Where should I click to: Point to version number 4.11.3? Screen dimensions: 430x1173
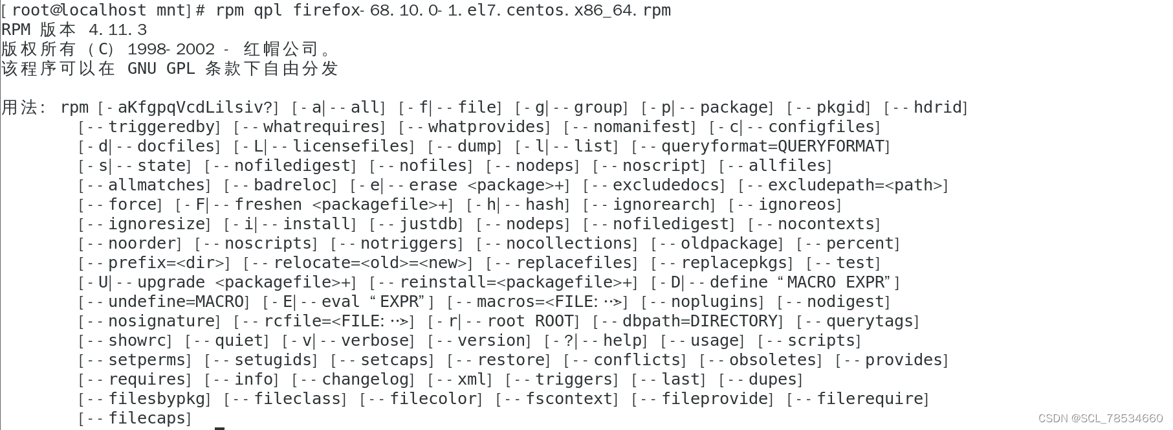click(x=118, y=30)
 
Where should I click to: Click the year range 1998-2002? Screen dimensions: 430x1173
click(x=171, y=49)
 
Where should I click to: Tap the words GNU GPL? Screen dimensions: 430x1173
click(x=161, y=69)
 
